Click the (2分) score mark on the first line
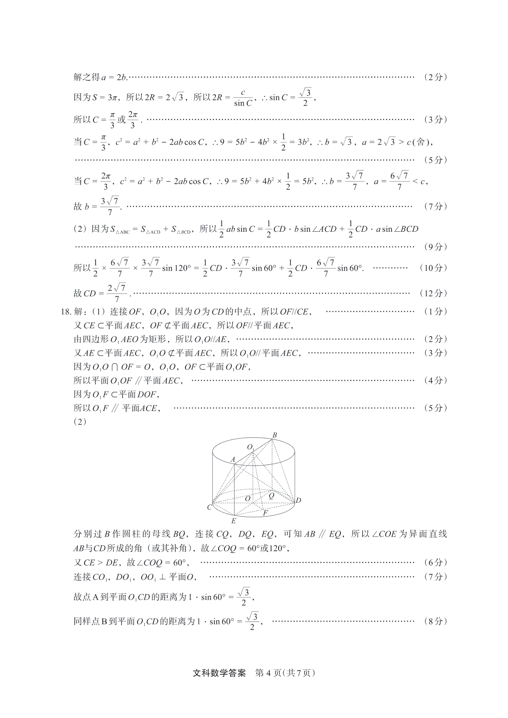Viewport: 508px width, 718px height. [x=435, y=77]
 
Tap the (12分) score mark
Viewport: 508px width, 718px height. [x=433, y=293]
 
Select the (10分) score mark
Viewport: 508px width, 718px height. [x=433, y=268]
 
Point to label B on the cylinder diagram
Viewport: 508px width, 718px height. [x=275, y=435]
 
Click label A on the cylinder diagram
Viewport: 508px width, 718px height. [x=232, y=459]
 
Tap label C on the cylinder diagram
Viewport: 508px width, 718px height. [x=209, y=507]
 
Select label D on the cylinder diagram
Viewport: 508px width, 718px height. [x=298, y=501]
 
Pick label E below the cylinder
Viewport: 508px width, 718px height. [x=233, y=521]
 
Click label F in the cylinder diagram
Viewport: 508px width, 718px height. [x=265, y=513]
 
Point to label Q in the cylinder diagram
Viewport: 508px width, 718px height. [x=271, y=496]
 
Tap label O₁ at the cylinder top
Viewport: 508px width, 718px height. [x=251, y=447]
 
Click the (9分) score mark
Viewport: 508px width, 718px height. [x=435, y=247]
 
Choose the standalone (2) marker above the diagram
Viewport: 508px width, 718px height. [x=80, y=422]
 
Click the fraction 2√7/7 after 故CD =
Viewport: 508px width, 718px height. [x=117, y=293]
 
